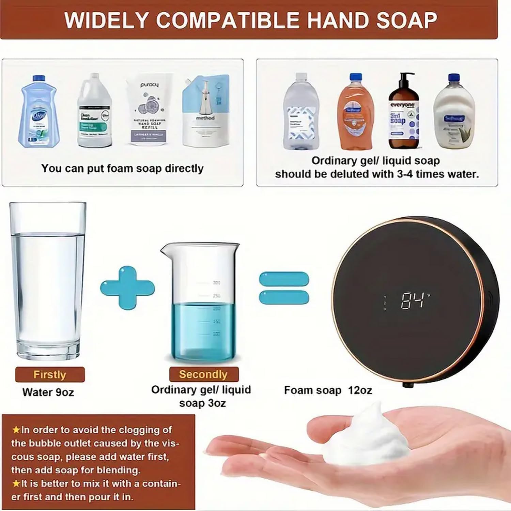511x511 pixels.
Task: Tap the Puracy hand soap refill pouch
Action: pyautogui.click(x=149, y=111)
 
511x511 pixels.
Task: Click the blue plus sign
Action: pyautogui.click(x=127, y=288)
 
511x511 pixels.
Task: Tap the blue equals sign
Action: pyautogui.click(x=284, y=288)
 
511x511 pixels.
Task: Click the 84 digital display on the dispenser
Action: pyautogui.click(x=413, y=301)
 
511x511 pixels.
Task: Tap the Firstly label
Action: pyautogui.click(x=50, y=374)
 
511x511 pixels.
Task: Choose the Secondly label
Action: pyautogui.click(x=203, y=374)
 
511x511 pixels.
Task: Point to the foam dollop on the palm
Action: pyautogui.click(x=366, y=436)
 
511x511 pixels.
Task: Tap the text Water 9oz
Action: pyautogui.click(x=48, y=392)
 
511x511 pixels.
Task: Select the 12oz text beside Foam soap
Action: pyautogui.click(x=360, y=390)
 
